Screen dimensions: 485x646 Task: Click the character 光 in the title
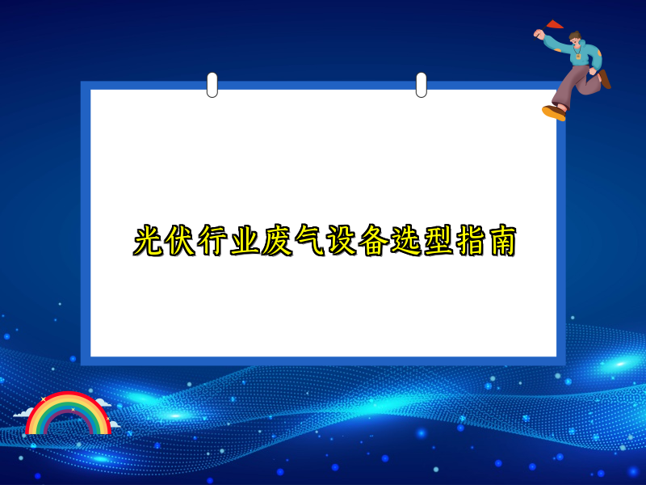coord(149,241)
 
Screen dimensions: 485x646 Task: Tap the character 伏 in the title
coord(182,241)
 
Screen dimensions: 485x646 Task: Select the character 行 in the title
coord(214,241)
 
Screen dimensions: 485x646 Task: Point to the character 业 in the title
coord(245,241)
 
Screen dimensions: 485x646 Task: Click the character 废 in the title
coord(277,241)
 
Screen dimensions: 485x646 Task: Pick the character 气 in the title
coord(309,241)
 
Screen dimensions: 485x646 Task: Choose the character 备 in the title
coord(373,241)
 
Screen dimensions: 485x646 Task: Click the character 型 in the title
coord(437,241)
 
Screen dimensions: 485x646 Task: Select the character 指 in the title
coord(469,241)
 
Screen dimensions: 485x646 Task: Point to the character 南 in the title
coord(501,241)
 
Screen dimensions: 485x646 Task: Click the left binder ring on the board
coord(212,84)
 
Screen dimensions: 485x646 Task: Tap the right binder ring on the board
coord(421,84)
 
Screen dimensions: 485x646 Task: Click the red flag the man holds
coord(554,24)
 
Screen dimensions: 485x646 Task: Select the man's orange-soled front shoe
coord(554,112)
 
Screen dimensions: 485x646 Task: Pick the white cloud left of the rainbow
coord(22,414)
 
